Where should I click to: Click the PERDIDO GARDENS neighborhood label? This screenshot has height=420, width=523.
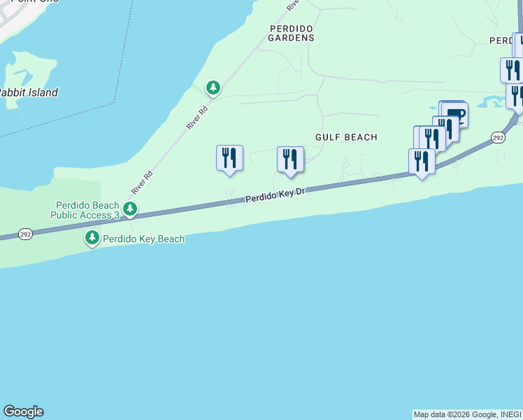(292, 33)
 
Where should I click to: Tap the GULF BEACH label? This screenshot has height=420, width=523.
(346, 137)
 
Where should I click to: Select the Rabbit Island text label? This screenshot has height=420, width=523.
(28, 92)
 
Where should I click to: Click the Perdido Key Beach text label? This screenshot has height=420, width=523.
(143, 239)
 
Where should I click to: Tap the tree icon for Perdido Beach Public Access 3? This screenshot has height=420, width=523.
(129, 209)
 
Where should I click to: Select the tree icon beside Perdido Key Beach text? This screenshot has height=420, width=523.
(92, 239)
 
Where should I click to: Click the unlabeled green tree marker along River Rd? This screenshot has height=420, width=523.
(213, 88)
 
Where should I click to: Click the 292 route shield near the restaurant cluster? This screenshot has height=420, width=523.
(497, 137)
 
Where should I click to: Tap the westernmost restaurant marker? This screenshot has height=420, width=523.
(229, 158)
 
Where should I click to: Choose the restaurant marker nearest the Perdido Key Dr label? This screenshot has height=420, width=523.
(290, 160)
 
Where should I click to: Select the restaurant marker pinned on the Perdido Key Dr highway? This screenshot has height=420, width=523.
(422, 162)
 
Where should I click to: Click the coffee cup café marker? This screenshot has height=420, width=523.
(454, 113)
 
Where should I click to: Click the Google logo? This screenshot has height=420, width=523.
(23, 412)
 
